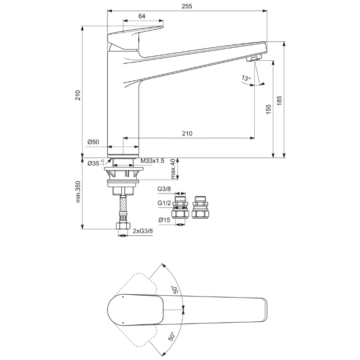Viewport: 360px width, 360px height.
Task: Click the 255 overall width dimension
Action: (x=187, y=6)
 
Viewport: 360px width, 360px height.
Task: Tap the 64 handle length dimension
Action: (x=142, y=16)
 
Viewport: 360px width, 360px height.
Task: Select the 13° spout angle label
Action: (x=245, y=78)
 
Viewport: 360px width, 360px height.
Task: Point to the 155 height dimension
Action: (x=268, y=109)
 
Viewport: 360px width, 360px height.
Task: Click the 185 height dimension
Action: (x=279, y=100)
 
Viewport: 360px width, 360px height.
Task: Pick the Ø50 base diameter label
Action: (x=93, y=142)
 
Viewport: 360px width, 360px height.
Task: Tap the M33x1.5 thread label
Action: (x=152, y=161)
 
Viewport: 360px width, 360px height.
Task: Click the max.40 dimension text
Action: (x=173, y=169)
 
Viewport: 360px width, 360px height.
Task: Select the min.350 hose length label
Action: (x=78, y=192)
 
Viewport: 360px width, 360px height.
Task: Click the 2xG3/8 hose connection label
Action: (x=143, y=231)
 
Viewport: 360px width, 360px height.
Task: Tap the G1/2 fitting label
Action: (x=164, y=203)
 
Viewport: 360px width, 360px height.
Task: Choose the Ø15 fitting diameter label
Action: (x=164, y=220)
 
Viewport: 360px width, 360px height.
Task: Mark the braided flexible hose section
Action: (x=123, y=204)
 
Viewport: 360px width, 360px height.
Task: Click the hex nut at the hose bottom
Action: (x=123, y=226)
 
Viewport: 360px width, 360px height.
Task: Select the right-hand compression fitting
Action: (x=200, y=207)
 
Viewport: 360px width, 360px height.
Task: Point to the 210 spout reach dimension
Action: (x=187, y=133)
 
